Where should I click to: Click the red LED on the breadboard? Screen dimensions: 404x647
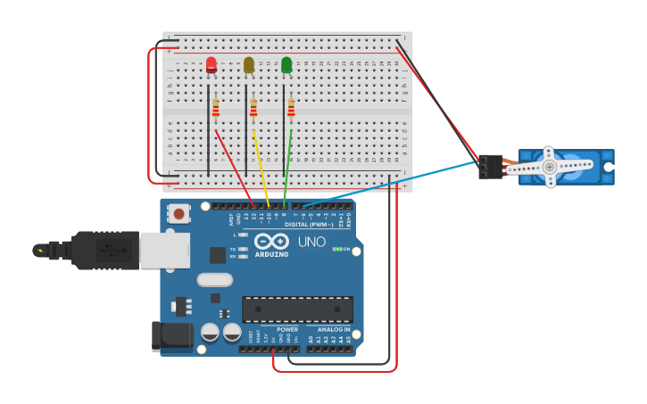point(212,65)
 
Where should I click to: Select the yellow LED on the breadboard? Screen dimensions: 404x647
point(249,65)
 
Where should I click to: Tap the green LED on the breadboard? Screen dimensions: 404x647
point(286,65)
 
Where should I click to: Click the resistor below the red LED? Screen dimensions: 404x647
point(216,108)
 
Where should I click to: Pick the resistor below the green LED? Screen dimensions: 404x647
point(291,108)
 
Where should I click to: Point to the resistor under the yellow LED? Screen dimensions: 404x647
point(253,108)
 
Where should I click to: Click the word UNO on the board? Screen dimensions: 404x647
point(311,242)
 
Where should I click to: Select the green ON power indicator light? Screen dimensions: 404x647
point(336,249)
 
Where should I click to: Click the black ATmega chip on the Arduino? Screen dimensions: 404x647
point(297,309)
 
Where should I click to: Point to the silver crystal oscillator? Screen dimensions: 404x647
point(214,279)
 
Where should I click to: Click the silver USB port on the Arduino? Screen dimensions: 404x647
point(164,251)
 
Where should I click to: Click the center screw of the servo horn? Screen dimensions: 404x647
point(550,167)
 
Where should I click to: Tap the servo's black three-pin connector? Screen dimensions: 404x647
point(490,167)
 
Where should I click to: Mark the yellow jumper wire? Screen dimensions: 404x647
point(261,166)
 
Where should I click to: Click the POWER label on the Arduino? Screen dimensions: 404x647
point(287,329)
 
